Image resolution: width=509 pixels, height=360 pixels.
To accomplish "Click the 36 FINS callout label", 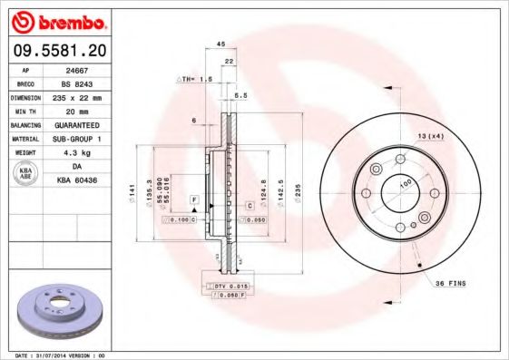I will coord(450,284).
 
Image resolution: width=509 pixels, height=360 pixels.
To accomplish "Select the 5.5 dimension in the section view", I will coord(240,95).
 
